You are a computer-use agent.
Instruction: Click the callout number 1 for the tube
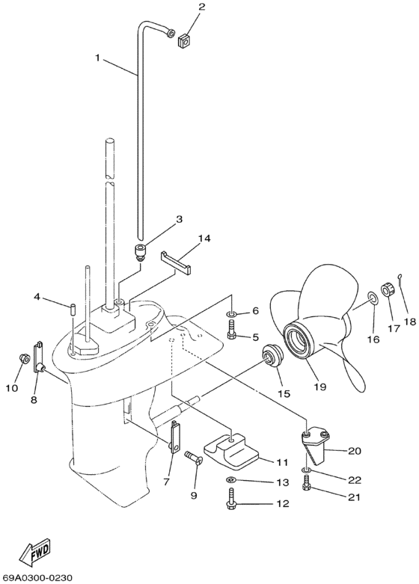click(97, 56)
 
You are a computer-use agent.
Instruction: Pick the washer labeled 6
click(232, 311)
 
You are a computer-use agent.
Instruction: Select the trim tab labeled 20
click(316, 450)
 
